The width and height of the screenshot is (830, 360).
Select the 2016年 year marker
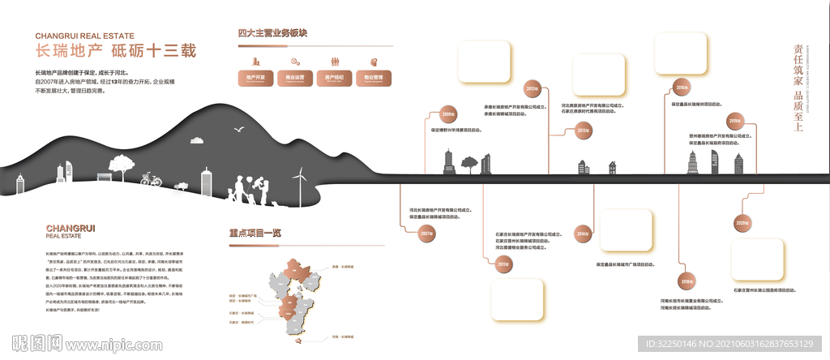(682, 88)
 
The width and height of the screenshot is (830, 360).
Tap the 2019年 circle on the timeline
(734, 121)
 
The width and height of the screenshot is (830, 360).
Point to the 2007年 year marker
(426, 234)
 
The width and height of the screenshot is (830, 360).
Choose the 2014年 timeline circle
(582, 235)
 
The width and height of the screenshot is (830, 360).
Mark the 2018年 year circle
(687, 281)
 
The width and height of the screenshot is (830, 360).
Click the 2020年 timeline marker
(742, 222)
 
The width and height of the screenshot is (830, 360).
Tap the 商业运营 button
(295, 79)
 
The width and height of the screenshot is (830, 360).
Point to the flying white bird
(239, 128)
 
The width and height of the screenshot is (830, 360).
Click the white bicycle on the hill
(151, 178)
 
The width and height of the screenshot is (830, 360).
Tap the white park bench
(104, 176)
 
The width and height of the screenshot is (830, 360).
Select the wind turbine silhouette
(300, 184)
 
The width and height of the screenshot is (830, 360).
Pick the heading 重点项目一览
(255, 232)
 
